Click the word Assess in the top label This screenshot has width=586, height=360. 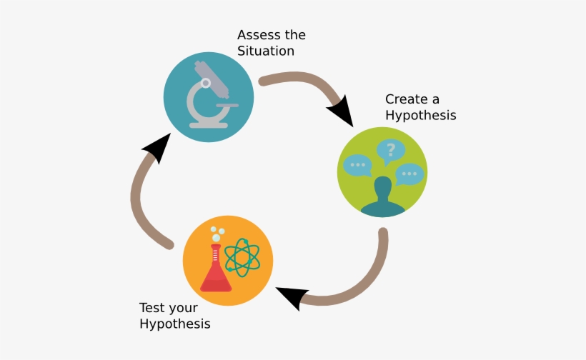click(x=259, y=35)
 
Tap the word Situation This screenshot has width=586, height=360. click(x=266, y=51)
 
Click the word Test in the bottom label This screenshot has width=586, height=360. click(x=152, y=308)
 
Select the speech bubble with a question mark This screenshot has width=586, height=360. click(x=390, y=151)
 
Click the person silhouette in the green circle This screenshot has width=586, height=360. click(x=383, y=196)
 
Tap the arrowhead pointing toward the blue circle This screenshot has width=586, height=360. click(x=157, y=148)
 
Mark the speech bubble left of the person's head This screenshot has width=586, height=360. click(x=357, y=166)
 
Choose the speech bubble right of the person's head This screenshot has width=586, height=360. click(x=410, y=174)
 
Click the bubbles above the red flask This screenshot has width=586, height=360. click(x=216, y=233)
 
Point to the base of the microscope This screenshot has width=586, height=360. click(x=208, y=124)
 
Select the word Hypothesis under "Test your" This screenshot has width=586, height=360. click(x=174, y=324)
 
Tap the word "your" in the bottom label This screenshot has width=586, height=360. click(x=183, y=309)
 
